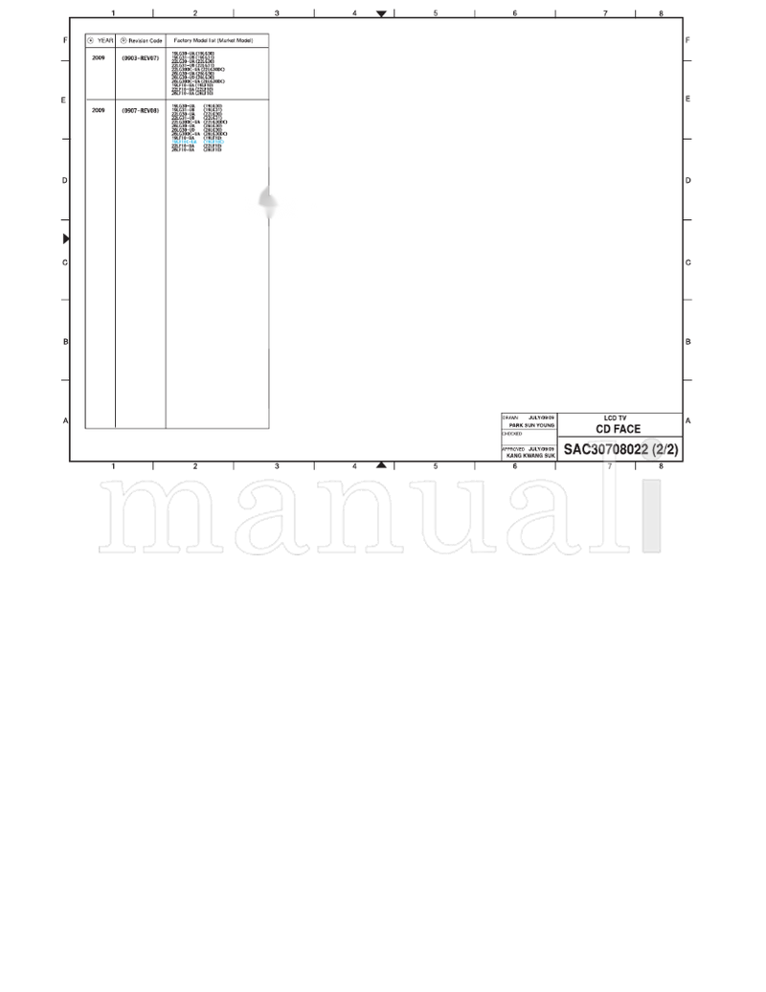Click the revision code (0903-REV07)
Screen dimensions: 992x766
(140, 58)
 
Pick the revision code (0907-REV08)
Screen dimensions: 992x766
(140, 111)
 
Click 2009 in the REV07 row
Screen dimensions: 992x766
(99, 58)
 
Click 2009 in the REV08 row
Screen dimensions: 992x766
(99, 111)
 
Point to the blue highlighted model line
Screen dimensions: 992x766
(197, 142)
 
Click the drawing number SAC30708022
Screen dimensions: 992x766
(606, 449)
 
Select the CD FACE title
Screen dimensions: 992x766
(619, 429)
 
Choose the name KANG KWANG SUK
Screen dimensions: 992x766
(530, 455)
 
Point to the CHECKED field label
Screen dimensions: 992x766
(512, 434)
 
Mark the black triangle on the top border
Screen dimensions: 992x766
(382, 14)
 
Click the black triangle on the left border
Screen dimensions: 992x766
(66, 238)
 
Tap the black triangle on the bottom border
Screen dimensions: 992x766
(382, 464)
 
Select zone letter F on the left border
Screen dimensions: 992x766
(65, 40)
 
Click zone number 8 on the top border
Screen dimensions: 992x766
(661, 13)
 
